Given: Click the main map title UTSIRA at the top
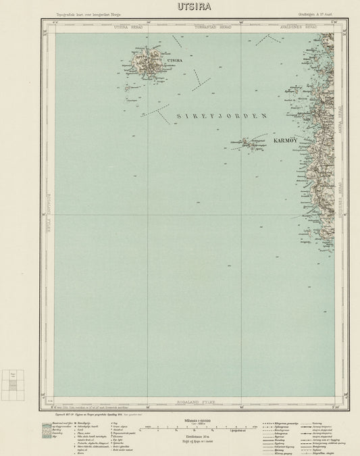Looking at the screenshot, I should [180, 8].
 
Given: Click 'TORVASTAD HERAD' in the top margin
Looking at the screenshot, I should [213, 27].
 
